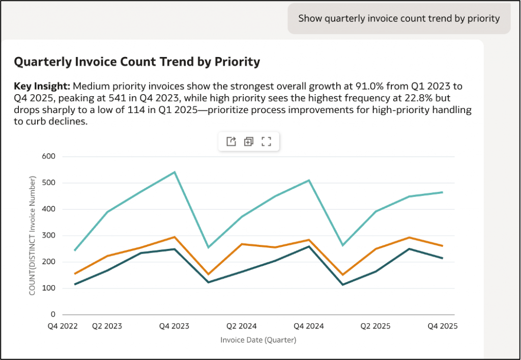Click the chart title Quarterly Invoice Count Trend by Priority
point(137,62)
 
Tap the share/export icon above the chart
point(231,142)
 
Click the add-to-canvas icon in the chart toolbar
point(248,142)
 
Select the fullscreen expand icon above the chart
point(266,142)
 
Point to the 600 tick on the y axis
point(49,156)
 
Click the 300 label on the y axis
point(49,235)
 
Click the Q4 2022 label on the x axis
point(63,326)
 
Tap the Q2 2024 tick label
point(242,326)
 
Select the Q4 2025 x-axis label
point(442,326)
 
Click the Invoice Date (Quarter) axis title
point(258,340)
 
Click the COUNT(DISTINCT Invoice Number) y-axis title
point(33,235)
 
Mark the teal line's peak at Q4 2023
point(175,172)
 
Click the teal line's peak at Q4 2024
point(309,180)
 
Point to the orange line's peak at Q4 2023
point(175,237)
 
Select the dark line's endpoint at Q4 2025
point(442,258)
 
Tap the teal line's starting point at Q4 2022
point(75,250)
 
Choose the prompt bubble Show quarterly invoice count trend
point(399,19)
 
